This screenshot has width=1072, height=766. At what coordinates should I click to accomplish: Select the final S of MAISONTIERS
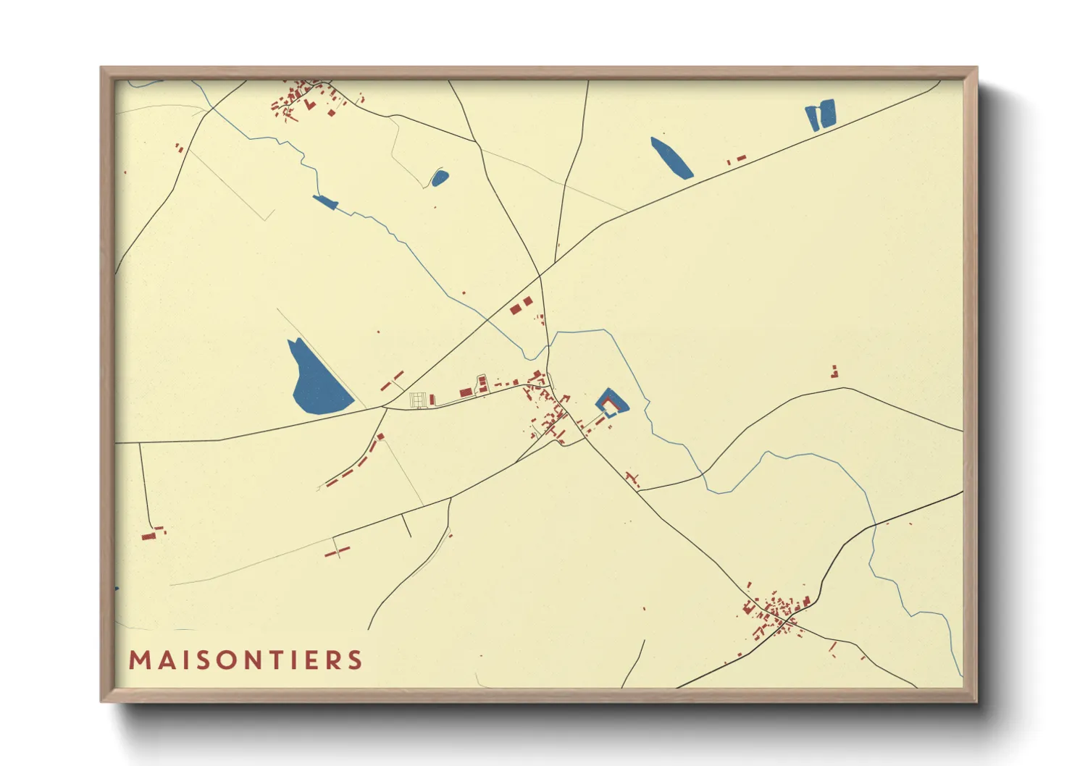355,660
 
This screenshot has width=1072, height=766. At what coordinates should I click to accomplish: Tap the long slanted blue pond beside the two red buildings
671,158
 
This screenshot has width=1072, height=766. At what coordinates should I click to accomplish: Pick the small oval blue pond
439,177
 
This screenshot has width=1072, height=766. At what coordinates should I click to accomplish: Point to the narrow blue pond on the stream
325,201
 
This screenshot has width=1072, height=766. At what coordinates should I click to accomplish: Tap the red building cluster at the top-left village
298,98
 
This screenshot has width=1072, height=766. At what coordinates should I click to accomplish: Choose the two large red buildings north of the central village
521,305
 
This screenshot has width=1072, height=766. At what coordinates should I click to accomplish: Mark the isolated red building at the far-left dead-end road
149,535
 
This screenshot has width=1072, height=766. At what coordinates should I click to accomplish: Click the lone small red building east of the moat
834,372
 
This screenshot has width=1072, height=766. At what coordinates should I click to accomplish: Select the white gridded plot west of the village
418,400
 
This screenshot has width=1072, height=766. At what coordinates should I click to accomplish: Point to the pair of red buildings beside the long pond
737,159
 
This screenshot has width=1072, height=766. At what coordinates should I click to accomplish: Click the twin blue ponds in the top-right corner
821,115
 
